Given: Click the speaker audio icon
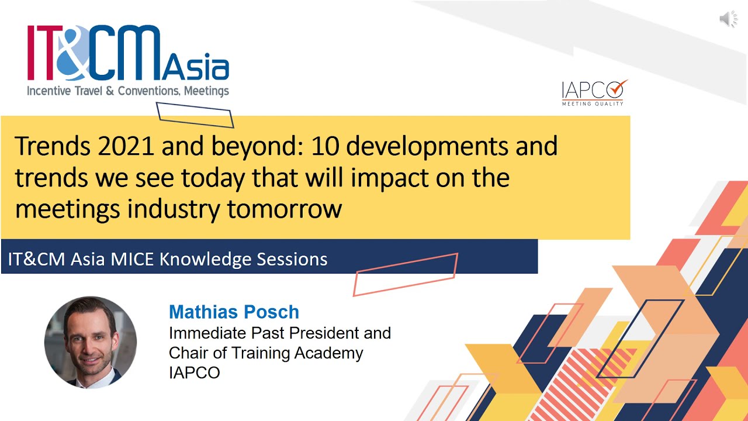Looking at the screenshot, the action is click(x=728, y=19).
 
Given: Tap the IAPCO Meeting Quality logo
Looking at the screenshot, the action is click(x=594, y=93).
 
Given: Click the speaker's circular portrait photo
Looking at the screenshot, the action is click(x=91, y=343).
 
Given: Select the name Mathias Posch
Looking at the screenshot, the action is click(x=234, y=312).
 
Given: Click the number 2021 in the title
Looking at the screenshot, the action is click(x=126, y=146).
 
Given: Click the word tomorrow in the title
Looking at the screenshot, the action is click(x=284, y=209).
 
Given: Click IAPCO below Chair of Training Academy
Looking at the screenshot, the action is click(x=195, y=373).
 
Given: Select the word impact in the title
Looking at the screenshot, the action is click(x=389, y=178).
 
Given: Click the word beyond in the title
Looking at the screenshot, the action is click(x=257, y=147).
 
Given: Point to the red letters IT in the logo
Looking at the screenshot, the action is click(x=40, y=53).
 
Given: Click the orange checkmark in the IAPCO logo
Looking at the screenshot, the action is click(x=618, y=88).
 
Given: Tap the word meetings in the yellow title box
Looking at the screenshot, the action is click(x=67, y=210).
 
